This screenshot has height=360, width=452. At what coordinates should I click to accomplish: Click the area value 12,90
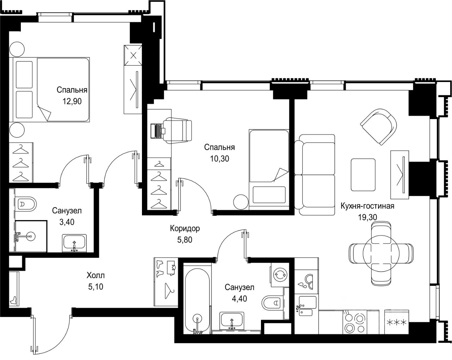click(72, 101)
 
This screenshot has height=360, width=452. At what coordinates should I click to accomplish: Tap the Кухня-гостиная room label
click(367, 206)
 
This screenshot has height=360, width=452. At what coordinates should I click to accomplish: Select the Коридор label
click(185, 229)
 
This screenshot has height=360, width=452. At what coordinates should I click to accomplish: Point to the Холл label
click(96, 275)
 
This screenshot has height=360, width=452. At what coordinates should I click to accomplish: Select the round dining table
click(381, 253)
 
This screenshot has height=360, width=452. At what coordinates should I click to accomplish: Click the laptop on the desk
click(158, 131)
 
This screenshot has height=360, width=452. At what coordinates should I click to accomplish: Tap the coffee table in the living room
click(363, 175)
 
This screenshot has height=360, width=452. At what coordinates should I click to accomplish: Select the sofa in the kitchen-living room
click(315, 175)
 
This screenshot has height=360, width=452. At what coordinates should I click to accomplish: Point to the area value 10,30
click(220, 159)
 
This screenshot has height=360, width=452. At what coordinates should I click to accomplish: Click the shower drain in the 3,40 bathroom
click(31, 236)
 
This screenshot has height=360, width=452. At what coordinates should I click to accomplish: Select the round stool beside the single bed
click(241, 202)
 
